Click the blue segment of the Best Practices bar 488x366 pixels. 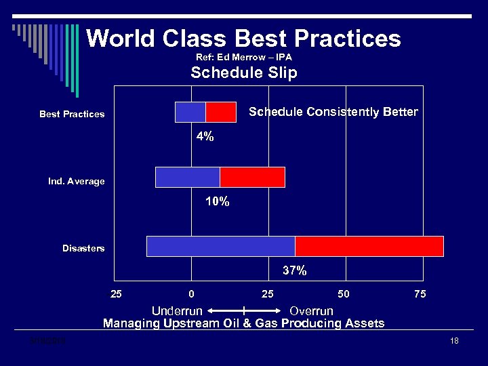190,112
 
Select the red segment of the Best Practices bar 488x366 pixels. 220,112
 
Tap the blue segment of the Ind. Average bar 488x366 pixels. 187,177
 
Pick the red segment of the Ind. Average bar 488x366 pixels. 252,177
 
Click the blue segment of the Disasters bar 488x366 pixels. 220,246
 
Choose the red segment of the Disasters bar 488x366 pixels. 369,246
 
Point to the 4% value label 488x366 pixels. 205,136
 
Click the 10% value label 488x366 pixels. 217,201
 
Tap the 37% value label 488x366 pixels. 294,270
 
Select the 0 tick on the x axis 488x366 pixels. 192,294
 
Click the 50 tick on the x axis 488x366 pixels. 344,294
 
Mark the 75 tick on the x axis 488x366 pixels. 420,294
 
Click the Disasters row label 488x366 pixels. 83,249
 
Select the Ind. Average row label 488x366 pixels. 76,182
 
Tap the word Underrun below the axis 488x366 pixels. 177,311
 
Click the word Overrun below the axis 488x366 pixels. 311,311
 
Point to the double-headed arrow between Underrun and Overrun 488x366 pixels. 244,311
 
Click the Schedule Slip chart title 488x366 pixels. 244,73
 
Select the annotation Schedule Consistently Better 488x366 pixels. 333,112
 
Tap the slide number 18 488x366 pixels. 454,341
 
